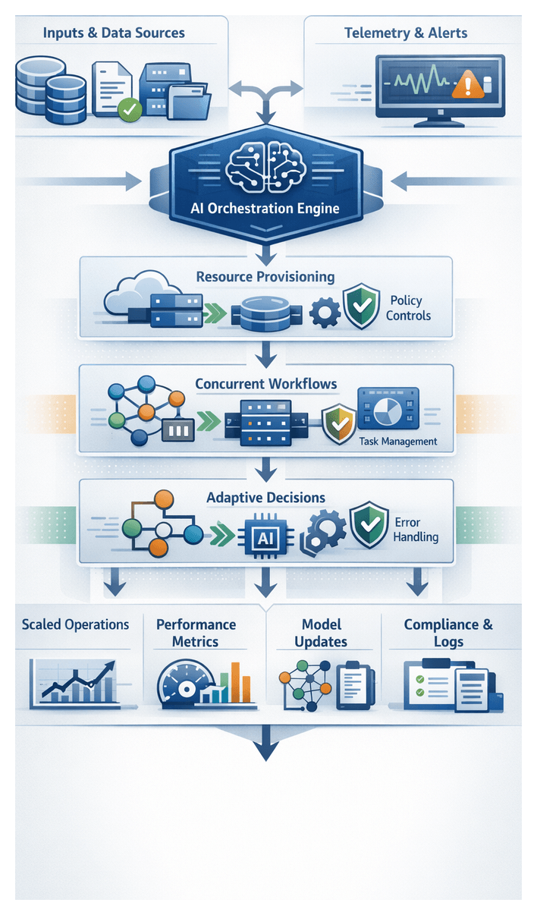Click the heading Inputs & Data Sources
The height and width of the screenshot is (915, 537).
tap(114, 33)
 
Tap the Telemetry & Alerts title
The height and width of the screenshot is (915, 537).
tap(406, 33)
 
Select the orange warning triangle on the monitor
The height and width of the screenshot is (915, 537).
tap(469, 83)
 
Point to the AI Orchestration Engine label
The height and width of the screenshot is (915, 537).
tap(265, 208)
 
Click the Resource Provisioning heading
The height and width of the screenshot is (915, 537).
tap(265, 277)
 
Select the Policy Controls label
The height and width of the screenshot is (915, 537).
tap(408, 308)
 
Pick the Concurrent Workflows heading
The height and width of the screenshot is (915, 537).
tap(265, 384)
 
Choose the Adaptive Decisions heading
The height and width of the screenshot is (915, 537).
tap(265, 498)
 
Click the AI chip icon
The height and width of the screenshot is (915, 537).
tap(265, 538)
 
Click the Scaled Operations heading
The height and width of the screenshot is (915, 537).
tap(75, 625)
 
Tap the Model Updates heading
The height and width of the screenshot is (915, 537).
tap(322, 633)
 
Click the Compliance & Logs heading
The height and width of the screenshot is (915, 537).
tap(448, 633)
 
